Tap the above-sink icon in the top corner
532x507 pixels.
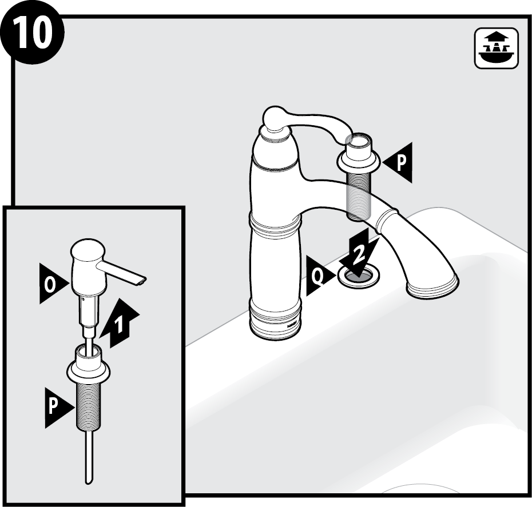click(496, 49)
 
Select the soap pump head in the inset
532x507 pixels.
click(89, 268)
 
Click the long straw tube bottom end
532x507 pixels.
click(88, 482)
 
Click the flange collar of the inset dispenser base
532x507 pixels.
click(89, 370)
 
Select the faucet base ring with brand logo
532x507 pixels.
click(275, 320)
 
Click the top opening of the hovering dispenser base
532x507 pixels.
click(359, 139)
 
